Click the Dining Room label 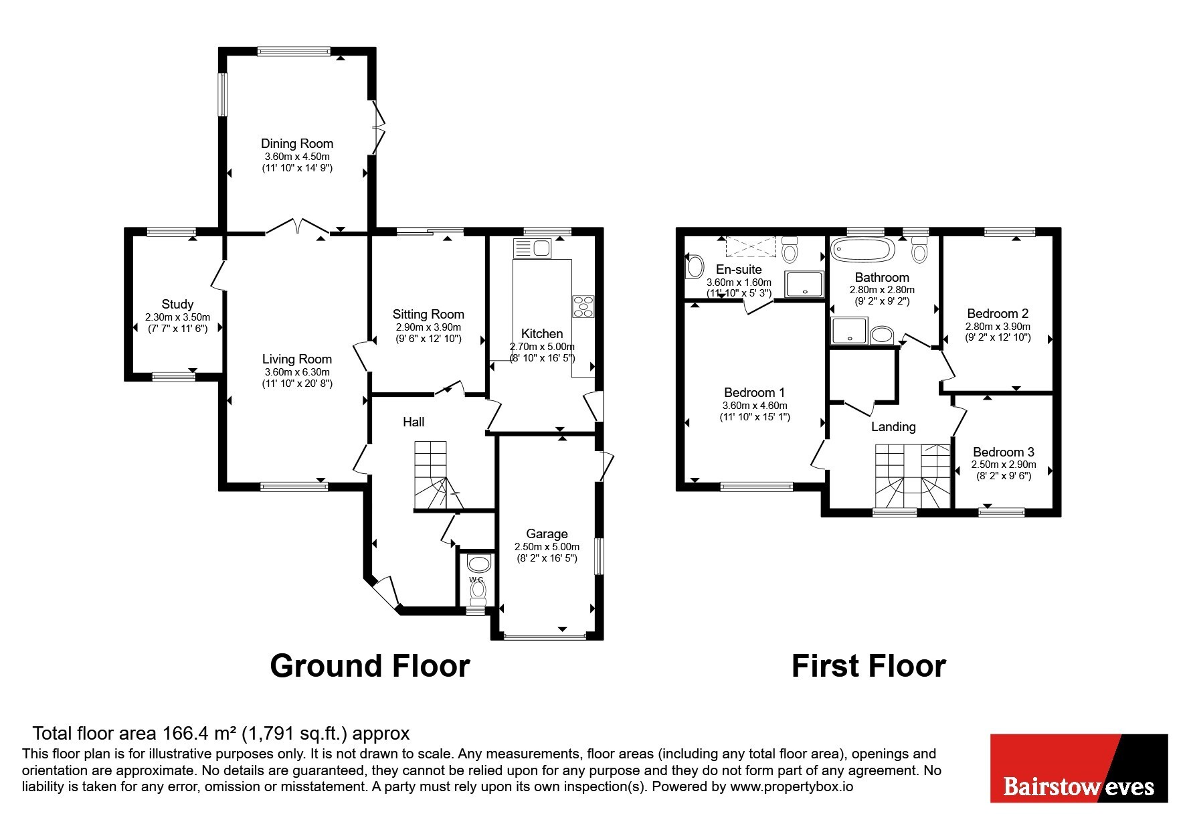(x=296, y=143)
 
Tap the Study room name (x=177, y=304)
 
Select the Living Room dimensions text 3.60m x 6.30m (x=296, y=372)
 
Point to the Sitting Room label (x=428, y=314)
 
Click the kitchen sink (x=532, y=248)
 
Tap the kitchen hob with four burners (x=583, y=306)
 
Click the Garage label (x=547, y=533)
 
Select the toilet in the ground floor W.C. (x=478, y=591)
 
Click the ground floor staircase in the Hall (x=439, y=475)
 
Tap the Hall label (x=414, y=422)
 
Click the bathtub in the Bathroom (x=862, y=250)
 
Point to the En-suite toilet (x=790, y=249)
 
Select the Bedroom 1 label (x=754, y=392)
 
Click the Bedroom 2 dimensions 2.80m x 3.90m (x=997, y=327)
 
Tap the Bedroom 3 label (x=1003, y=452)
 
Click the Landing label (x=893, y=426)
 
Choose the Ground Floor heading (x=369, y=666)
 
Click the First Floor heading (x=869, y=666)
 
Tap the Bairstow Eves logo (x=1079, y=768)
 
